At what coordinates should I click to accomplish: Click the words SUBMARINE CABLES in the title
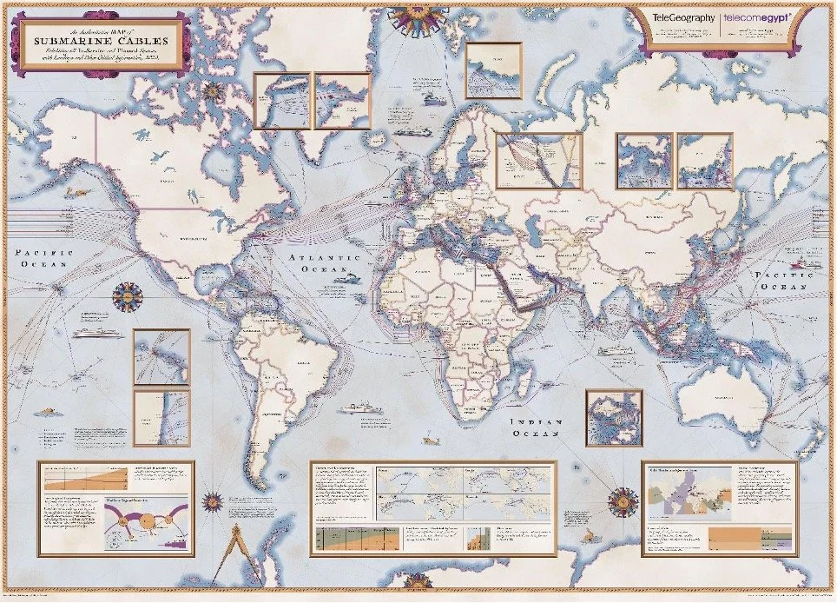pos(96,40)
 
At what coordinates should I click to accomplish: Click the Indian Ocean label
pos(537,427)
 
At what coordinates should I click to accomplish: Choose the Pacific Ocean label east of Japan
pos(782,279)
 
